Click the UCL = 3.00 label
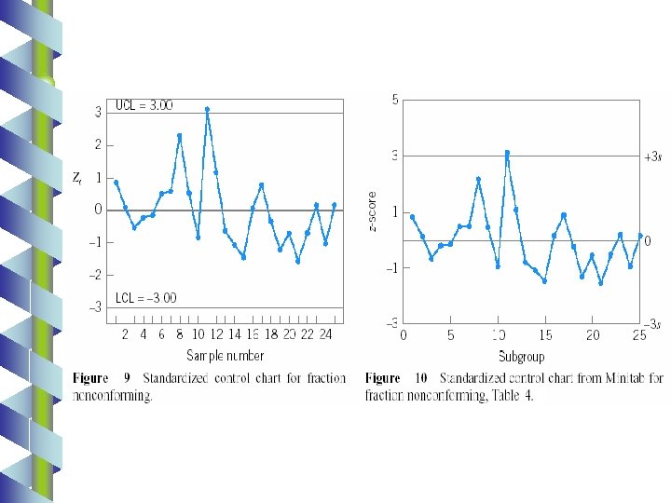coord(144,105)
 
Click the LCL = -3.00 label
coord(146,298)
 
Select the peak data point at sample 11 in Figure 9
coord(207,110)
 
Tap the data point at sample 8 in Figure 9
coord(180,136)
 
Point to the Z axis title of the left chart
coord(77,178)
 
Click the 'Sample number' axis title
coord(226,355)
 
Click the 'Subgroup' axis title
coord(522,356)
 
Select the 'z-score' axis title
coord(372,211)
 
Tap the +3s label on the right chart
coord(653,157)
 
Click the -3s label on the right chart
coord(652,325)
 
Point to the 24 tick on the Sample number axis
coord(325,334)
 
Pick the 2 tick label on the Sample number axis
coord(125,334)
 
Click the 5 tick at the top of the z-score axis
coord(395,100)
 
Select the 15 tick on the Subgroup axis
coord(545,335)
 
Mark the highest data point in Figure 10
coord(507,153)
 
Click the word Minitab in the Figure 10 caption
coord(624,378)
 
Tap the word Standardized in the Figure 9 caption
coord(175,378)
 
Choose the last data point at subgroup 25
coord(640,236)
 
